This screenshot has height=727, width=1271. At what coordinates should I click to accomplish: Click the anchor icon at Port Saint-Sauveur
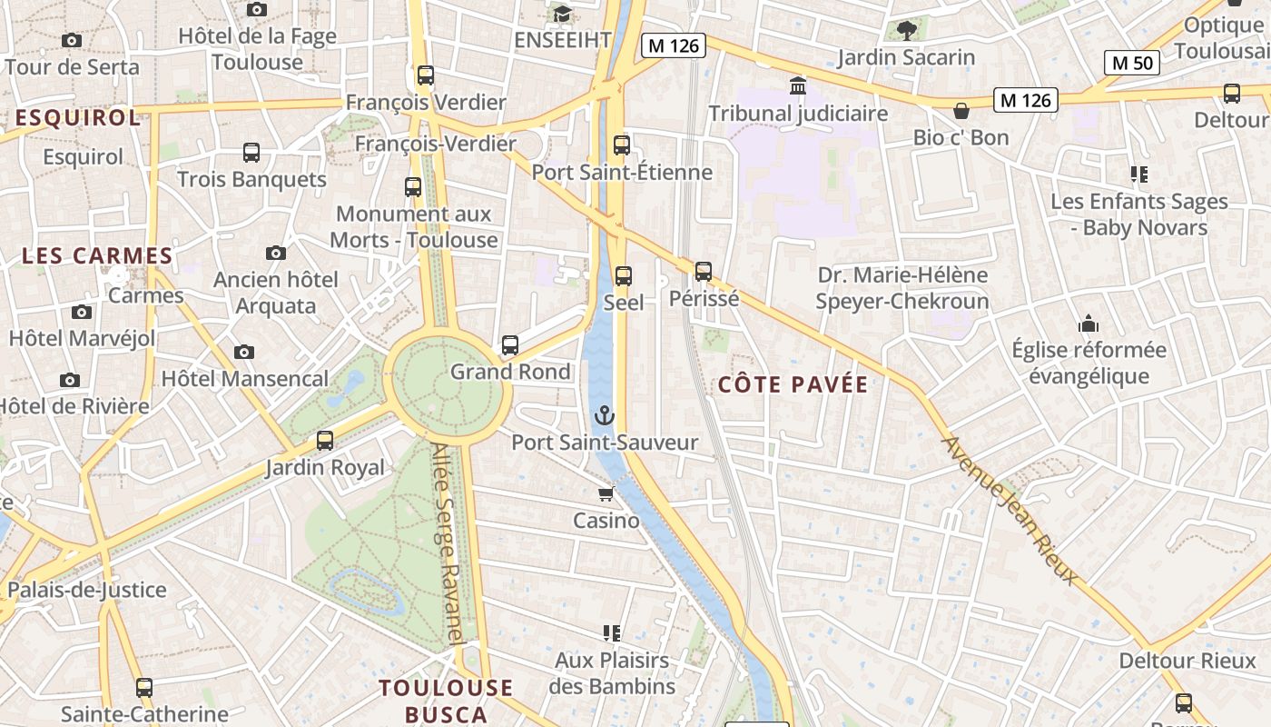604,416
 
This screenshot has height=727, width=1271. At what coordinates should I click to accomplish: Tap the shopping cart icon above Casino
606,494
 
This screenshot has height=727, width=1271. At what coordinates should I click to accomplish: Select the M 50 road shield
1132,63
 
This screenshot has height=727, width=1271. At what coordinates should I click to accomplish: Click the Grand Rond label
510,372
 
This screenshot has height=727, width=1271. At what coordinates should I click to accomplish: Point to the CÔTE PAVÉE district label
793,384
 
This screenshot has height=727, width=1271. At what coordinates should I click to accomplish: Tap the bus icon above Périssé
704,272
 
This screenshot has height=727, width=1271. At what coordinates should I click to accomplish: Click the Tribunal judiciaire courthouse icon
798,86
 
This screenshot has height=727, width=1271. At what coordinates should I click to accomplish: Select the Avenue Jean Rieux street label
1010,510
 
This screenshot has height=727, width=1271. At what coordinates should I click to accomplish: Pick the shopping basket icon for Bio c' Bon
961,111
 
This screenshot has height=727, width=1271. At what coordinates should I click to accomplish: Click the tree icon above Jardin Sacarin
906,31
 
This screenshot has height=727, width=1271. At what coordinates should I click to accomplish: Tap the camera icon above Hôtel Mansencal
243,352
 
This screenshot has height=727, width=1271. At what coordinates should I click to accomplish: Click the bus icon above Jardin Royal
325,442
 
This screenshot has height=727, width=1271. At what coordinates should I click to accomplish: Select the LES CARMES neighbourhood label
97,256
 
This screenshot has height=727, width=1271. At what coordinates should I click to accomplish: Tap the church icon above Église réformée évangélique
1089,324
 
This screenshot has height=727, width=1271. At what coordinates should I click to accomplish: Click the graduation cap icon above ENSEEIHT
563,14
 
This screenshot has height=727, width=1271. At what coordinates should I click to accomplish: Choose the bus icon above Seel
624,276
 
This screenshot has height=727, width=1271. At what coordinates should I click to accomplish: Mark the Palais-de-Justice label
87,590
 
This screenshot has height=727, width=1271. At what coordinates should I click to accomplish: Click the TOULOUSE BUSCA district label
446,700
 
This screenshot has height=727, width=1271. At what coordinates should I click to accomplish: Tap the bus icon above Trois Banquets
251,153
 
